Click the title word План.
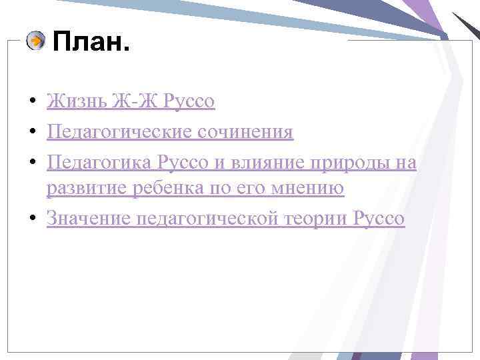pos(90,45)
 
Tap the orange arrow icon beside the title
pos(35,41)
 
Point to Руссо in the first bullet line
pos(189,102)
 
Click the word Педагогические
pos(120,132)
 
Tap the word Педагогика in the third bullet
pos(100,161)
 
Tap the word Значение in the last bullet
pos(87,219)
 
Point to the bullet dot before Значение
pos(32,219)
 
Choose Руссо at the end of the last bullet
pos(379,219)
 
